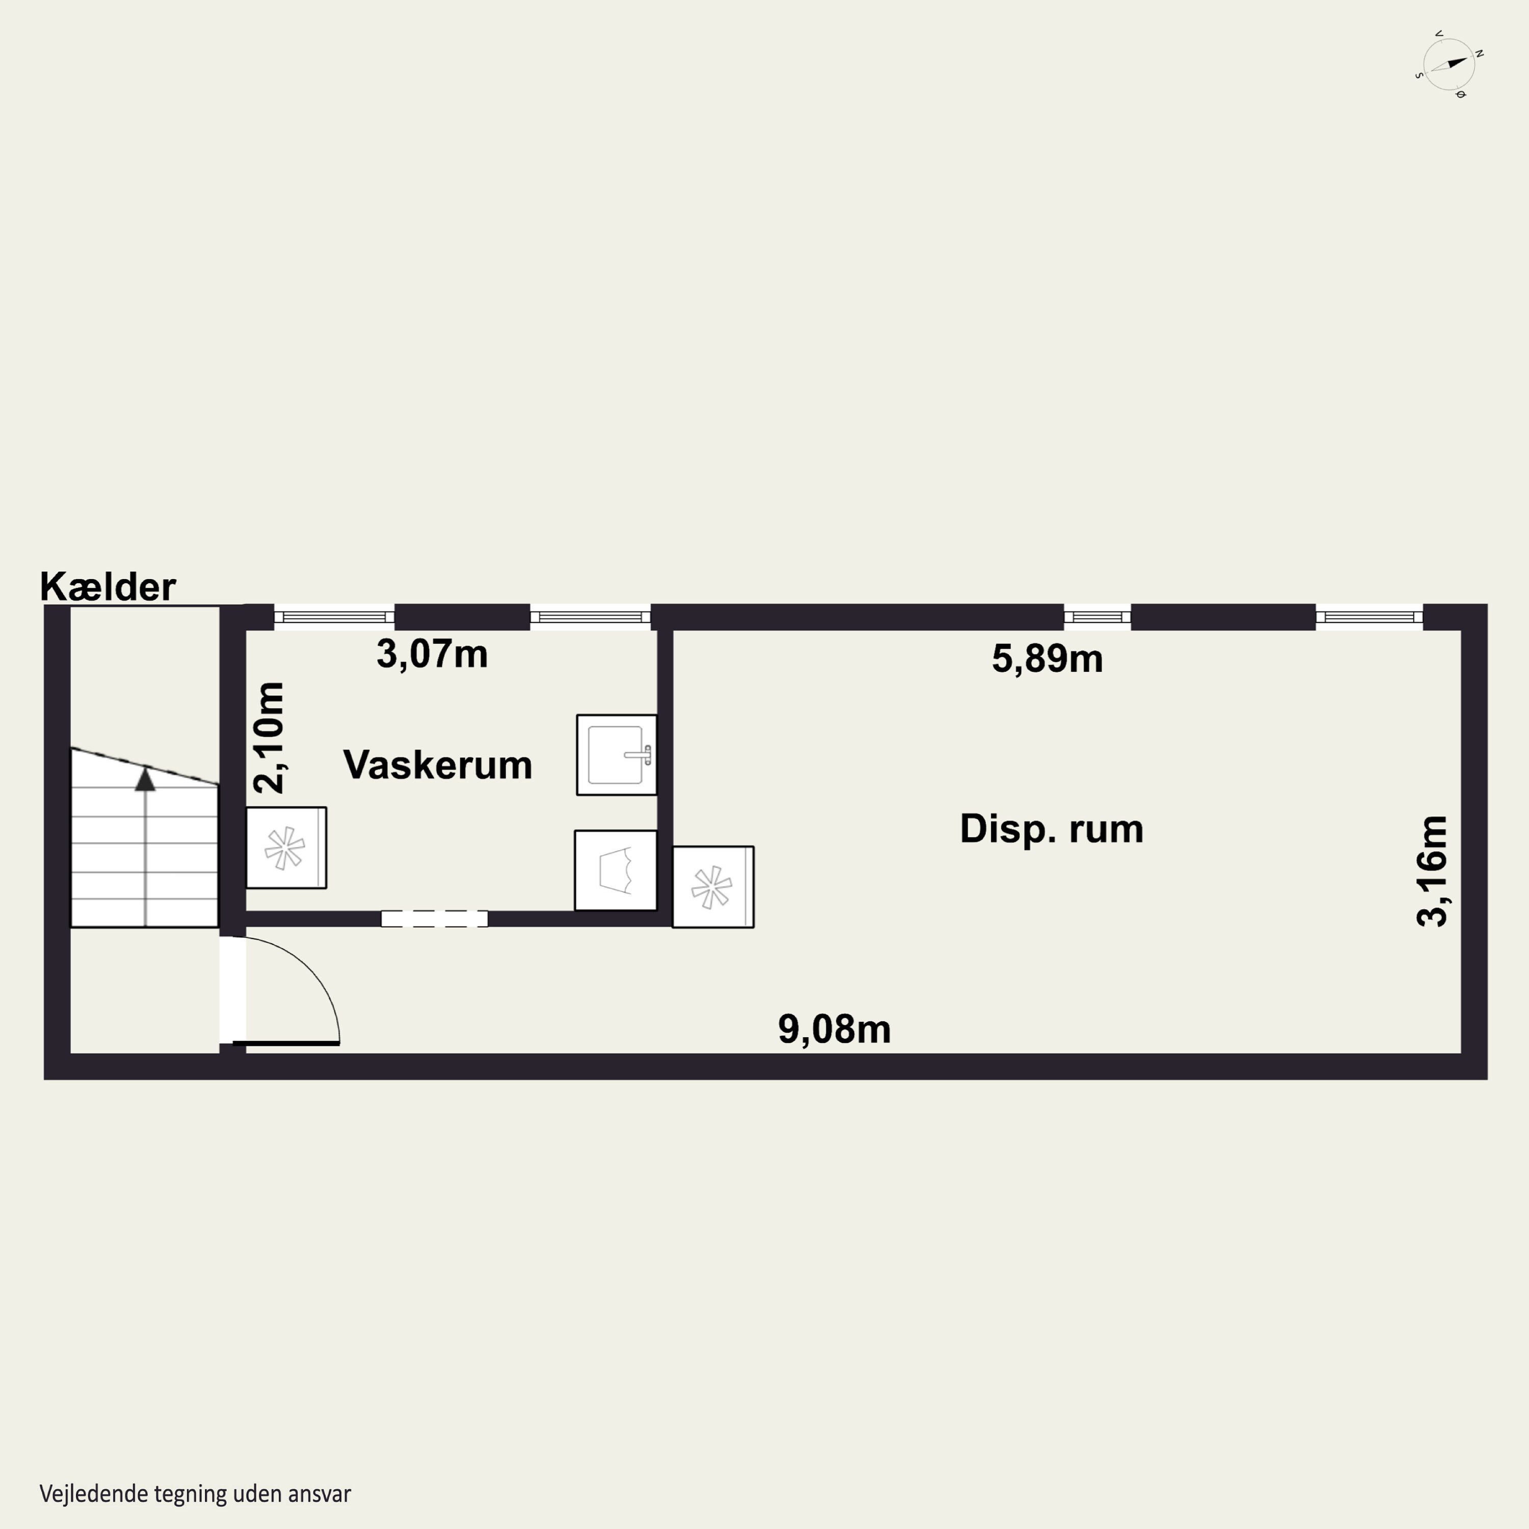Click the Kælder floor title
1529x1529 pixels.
point(108,587)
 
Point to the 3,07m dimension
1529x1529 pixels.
point(432,654)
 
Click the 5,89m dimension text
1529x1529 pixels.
point(1047,658)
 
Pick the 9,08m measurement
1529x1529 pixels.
point(834,1029)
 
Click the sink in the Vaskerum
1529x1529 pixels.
point(617,755)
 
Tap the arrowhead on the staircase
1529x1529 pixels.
point(145,780)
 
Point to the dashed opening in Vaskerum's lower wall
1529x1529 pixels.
point(434,919)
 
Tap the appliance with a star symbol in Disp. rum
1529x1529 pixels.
point(713,886)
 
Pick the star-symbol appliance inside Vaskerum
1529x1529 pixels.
point(286,848)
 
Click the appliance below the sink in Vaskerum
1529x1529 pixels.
point(616,871)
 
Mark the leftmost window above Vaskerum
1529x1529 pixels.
point(334,617)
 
